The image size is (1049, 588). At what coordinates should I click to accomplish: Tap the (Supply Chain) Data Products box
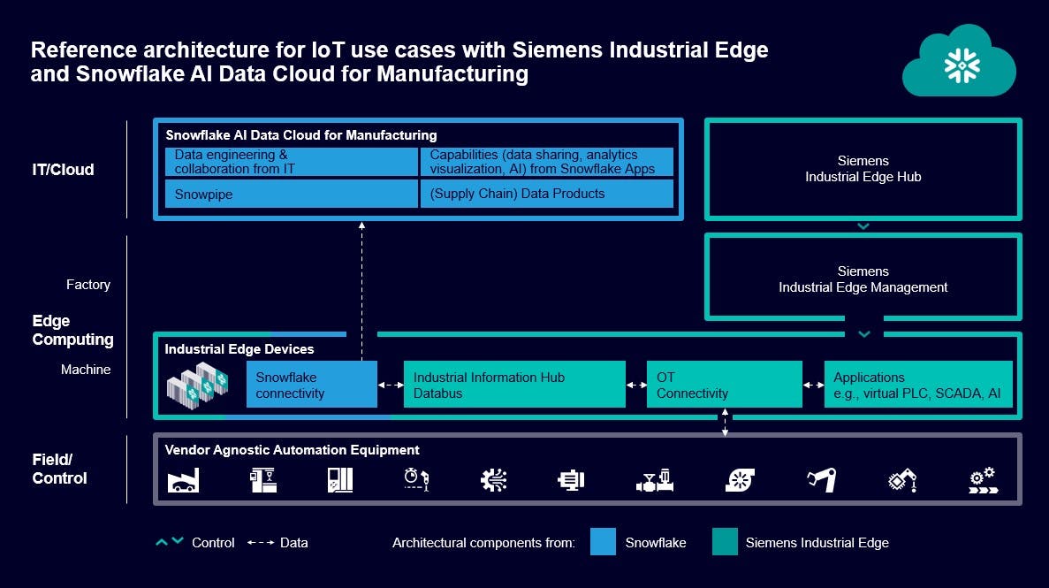(x=546, y=194)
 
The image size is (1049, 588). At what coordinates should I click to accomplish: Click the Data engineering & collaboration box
(x=291, y=162)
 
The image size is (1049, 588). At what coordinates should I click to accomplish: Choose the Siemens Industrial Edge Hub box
(x=863, y=169)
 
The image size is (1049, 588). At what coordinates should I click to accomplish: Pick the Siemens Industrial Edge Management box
(x=863, y=279)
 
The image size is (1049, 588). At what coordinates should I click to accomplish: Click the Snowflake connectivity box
(x=311, y=385)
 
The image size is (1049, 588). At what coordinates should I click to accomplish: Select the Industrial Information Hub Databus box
(x=513, y=385)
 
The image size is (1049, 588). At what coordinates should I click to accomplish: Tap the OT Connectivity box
(x=724, y=385)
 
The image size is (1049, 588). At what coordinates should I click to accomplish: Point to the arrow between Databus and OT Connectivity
(x=635, y=386)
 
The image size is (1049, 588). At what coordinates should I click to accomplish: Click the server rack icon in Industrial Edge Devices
(x=199, y=381)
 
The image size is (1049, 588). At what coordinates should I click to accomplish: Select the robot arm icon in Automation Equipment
(x=821, y=480)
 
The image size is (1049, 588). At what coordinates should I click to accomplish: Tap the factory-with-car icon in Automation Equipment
(x=184, y=480)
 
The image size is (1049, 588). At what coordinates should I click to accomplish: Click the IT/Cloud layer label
(x=63, y=170)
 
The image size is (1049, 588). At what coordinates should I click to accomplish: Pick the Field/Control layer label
(x=59, y=469)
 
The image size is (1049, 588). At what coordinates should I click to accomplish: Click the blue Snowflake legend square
(x=603, y=542)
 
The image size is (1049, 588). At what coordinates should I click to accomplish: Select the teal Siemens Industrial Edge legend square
(x=724, y=542)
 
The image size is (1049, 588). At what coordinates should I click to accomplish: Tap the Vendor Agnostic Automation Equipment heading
(x=292, y=450)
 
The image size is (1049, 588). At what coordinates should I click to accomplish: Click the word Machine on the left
(x=86, y=370)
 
